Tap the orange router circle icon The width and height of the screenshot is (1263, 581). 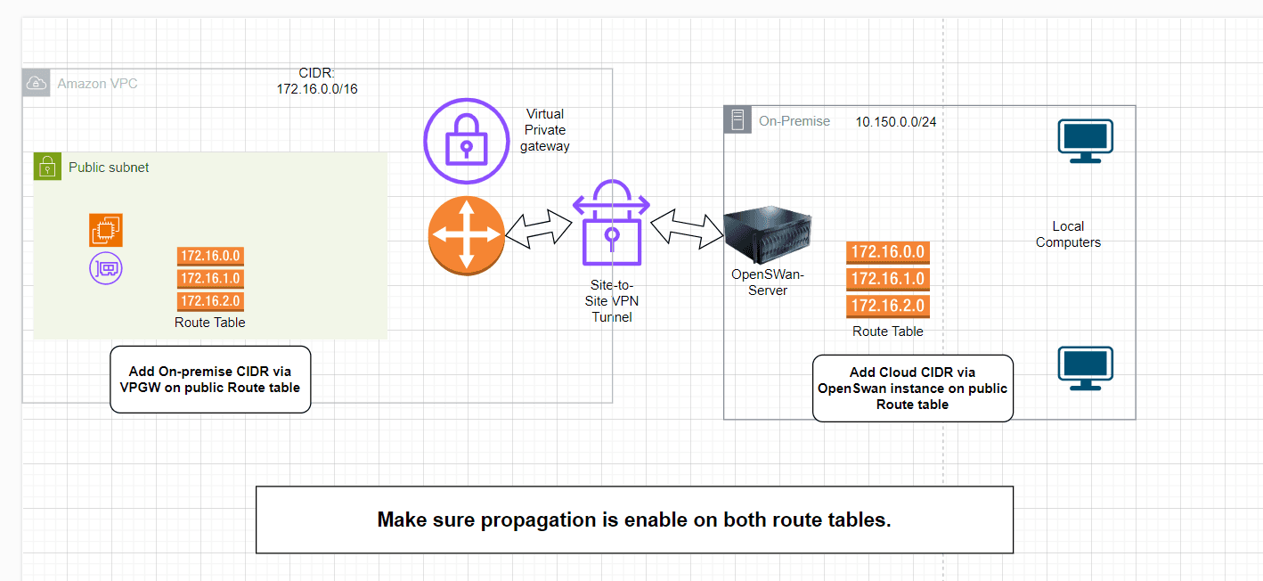coord(466,236)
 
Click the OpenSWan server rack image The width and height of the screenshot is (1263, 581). coord(767,236)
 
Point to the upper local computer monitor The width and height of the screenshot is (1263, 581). coord(1085,142)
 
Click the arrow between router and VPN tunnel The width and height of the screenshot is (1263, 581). coord(539,230)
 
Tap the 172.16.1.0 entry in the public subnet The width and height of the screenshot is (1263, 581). coord(210,279)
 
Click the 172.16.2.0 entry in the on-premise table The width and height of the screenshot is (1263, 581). coord(888,307)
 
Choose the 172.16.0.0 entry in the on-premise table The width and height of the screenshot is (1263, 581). coord(888,252)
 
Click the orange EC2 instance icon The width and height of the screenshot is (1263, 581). coord(106,230)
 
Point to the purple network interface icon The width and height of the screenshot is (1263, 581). coord(106,267)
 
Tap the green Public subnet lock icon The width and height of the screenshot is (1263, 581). coord(47,167)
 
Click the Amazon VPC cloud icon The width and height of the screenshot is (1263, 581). coord(37,84)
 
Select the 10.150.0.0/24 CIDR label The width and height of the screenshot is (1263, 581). coord(896,121)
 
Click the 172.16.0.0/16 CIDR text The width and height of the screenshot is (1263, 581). coord(317,89)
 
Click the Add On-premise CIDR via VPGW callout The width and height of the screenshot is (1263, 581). coord(210,380)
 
